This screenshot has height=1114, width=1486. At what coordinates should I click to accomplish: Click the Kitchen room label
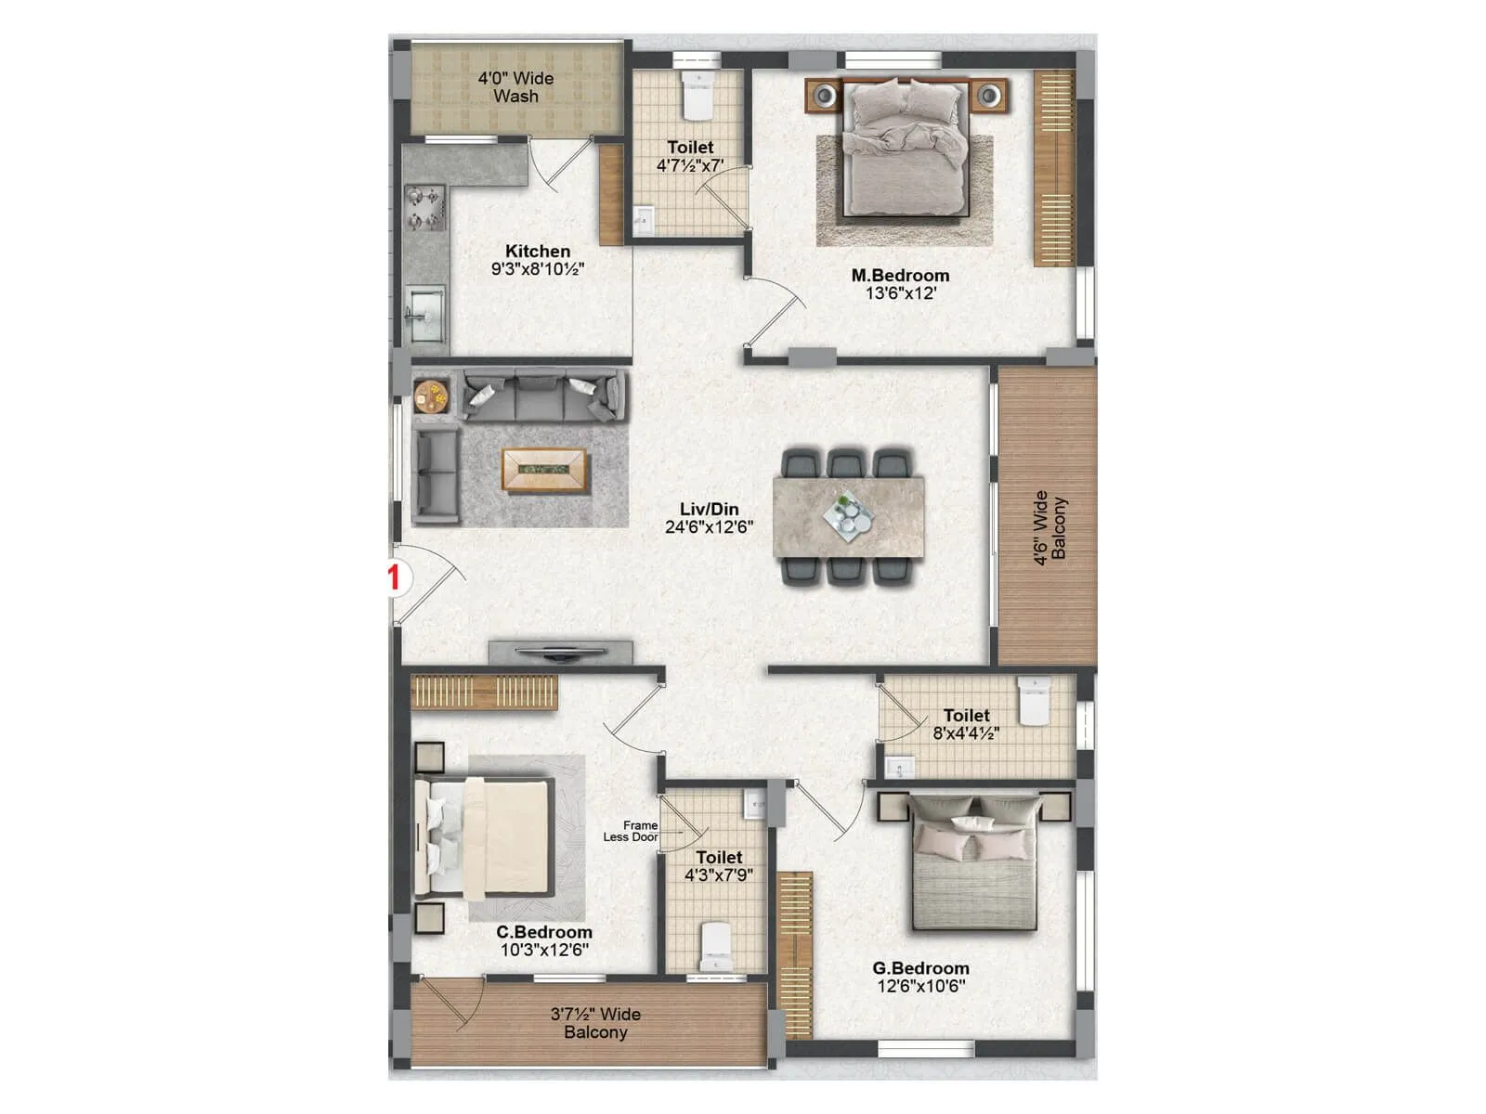538,252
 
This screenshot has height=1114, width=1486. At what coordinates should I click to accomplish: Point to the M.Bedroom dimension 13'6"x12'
900,293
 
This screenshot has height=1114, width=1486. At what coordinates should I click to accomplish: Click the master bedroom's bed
904,149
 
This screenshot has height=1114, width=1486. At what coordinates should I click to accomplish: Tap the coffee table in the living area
544,470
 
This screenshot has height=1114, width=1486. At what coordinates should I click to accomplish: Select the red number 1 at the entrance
394,577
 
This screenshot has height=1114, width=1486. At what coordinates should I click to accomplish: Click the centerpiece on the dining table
848,515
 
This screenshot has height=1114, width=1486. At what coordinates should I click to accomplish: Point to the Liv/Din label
710,509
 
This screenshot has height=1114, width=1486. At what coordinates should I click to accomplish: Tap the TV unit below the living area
560,653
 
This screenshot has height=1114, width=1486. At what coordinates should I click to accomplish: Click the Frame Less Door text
632,831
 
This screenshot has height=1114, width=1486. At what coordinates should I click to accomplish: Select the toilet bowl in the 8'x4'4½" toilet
1034,702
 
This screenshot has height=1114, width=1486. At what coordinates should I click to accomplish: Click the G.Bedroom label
920,968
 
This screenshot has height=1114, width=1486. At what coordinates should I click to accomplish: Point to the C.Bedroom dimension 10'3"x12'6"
544,950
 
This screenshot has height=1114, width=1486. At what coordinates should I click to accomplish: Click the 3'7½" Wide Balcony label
595,1023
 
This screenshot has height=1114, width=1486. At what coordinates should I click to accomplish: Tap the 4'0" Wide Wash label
515,87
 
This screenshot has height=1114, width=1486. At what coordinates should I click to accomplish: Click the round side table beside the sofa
432,395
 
